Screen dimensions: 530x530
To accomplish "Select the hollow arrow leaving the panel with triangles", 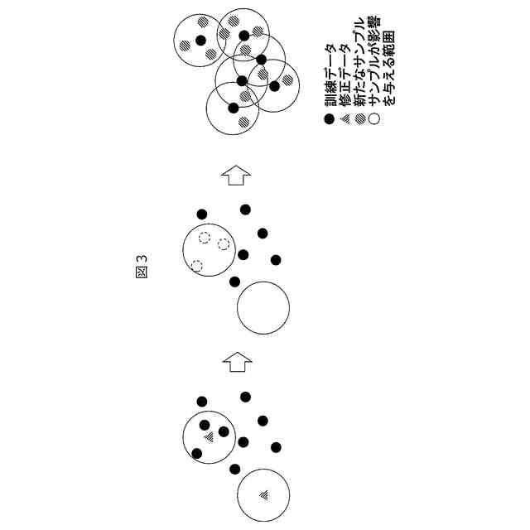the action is tap(237, 360).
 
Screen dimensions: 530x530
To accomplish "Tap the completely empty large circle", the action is tap(263, 308).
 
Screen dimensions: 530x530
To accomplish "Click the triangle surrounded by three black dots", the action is tap(210, 436).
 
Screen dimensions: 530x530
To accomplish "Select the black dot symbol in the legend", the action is tap(329, 120).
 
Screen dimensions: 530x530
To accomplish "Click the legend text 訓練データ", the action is tap(329, 81).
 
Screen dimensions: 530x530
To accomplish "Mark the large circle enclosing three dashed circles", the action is tap(209, 249).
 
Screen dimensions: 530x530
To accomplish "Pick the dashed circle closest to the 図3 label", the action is tap(197, 266).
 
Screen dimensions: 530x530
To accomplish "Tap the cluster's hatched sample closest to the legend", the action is tap(287, 81).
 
